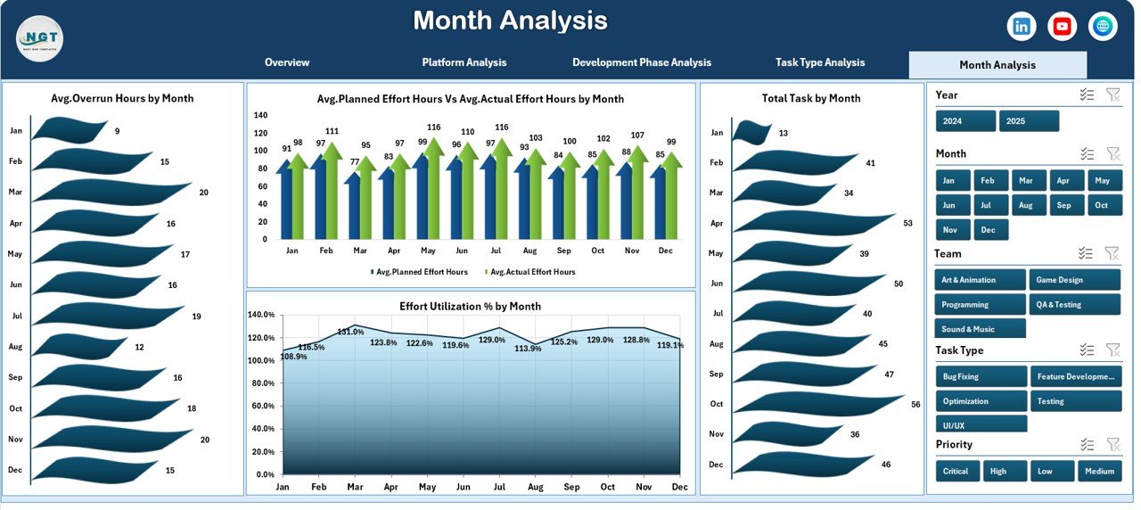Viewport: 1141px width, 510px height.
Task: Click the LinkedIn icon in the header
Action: [1022, 27]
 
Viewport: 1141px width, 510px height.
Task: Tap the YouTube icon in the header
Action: [1063, 27]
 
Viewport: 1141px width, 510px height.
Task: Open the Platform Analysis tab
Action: [464, 62]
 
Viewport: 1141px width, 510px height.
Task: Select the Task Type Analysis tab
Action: [820, 62]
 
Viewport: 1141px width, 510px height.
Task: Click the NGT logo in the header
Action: [39, 38]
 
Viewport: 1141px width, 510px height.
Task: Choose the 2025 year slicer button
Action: [1029, 121]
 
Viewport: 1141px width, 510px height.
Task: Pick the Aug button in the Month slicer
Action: [1026, 205]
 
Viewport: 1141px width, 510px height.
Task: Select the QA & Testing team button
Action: [1074, 305]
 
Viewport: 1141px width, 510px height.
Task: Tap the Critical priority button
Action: [957, 471]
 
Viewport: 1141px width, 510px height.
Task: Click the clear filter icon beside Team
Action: [1112, 254]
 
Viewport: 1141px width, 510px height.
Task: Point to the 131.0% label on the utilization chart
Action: [351, 332]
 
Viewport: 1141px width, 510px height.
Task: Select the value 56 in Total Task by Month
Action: [915, 404]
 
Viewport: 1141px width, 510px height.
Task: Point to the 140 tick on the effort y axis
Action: [260, 115]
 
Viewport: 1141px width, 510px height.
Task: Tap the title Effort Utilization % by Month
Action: [470, 306]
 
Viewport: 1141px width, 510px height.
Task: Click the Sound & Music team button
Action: [981, 329]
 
